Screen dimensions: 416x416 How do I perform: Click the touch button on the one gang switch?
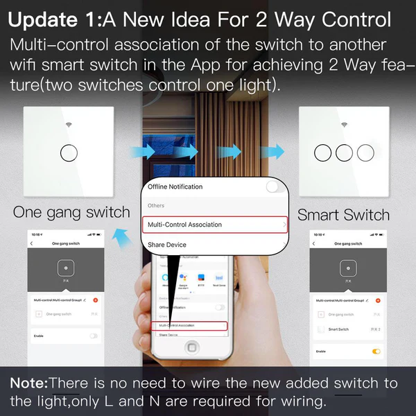(67, 152)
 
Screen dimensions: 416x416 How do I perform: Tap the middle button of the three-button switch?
(344, 152)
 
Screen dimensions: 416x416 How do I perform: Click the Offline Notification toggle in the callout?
(275, 187)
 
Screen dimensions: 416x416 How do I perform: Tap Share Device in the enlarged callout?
(166, 245)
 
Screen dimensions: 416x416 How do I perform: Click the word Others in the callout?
(156, 206)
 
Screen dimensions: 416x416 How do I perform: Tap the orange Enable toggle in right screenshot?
(376, 352)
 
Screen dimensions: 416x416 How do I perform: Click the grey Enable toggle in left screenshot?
(93, 336)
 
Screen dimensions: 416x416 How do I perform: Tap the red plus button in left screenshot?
(95, 300)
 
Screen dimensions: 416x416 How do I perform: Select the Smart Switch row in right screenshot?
(343, 329)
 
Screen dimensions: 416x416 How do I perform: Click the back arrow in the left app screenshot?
(31, 244)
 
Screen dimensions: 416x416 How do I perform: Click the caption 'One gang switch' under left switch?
(71, 212)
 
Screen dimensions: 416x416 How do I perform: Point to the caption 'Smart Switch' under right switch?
(343, 215)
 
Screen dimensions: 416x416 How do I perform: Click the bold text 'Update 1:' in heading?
(53, 20)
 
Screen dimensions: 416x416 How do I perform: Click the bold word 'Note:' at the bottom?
(28, 383)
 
